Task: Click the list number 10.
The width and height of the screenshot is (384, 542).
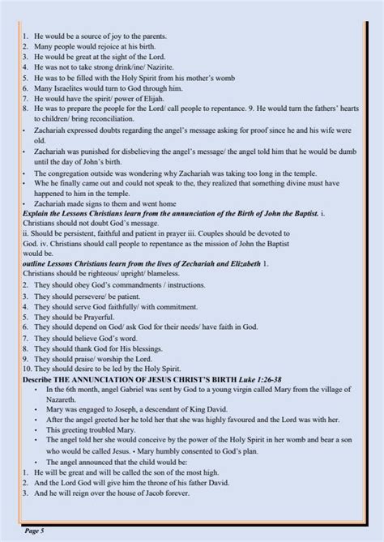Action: click(28, 367)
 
